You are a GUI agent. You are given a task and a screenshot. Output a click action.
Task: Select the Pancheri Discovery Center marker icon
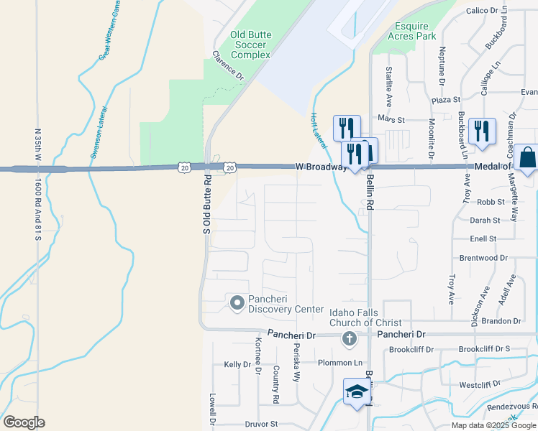point(237,303)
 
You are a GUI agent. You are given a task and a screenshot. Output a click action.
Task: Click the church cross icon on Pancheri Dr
point(349,339)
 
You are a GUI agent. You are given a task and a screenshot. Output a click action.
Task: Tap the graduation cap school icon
point(356,392)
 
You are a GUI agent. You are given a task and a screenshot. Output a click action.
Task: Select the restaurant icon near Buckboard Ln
point(480,131)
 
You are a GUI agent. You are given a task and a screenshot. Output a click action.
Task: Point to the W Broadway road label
point(321,167)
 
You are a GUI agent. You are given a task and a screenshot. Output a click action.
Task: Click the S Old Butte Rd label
point(206,204)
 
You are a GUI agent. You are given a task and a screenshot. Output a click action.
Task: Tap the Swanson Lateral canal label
point(99,131)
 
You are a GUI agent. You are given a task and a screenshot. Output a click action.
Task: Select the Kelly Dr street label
point(237,365)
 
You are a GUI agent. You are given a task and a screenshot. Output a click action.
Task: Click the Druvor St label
point(260,425)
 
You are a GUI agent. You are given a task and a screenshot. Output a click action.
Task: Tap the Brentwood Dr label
point(483,257)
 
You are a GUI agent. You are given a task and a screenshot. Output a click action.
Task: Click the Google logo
point(24,422)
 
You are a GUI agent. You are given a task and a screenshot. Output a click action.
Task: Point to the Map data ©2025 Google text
point(494,425)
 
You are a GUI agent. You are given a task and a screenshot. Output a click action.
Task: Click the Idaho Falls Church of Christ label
point(365,318)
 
